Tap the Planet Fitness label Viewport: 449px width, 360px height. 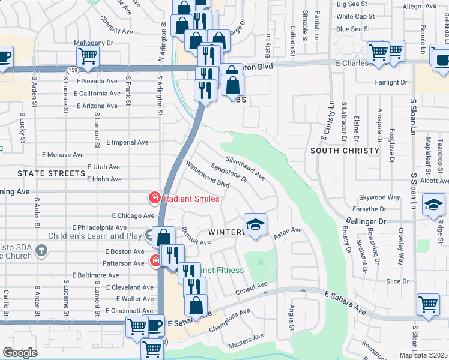[222, 270]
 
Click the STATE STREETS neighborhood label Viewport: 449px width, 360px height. [51, 173]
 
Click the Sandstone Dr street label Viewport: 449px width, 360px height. [229, 173]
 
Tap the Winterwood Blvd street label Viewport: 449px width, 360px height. [208, 175]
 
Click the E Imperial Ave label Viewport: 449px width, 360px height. [127, 143]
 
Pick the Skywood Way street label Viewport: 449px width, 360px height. [379, 197]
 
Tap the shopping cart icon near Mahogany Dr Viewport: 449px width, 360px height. [88, 56]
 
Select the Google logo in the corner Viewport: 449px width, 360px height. [20, 353]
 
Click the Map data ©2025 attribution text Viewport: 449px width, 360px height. [423, 355]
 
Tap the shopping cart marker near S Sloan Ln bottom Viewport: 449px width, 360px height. [428, 304]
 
